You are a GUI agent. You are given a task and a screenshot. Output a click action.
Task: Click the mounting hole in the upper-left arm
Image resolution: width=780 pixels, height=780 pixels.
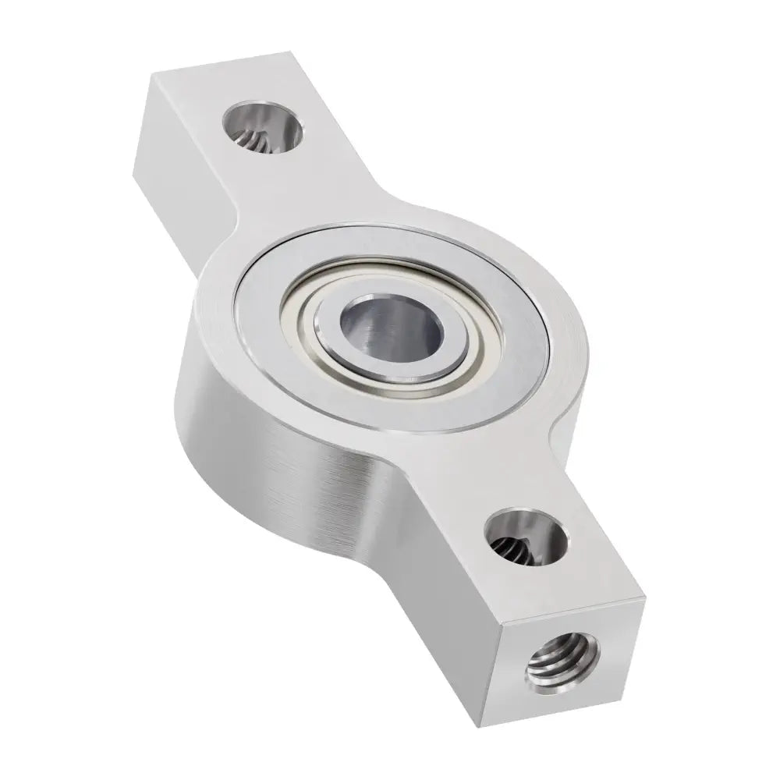pos(262,129)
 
